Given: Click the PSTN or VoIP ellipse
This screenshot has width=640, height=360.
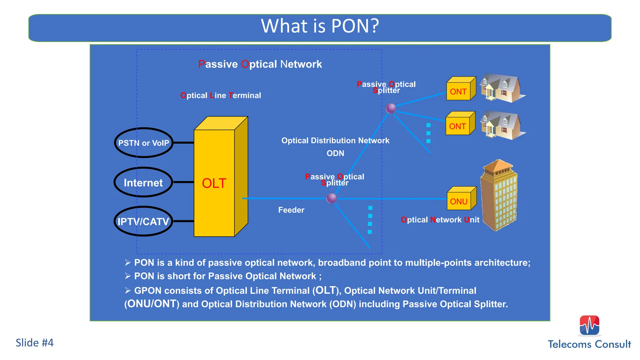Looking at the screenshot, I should [143, 143].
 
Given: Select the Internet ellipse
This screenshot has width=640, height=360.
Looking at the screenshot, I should [143, 182].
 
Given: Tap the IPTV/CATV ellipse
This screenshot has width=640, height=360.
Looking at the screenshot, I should [143, 222].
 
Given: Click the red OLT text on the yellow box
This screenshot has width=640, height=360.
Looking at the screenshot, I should [214, 183].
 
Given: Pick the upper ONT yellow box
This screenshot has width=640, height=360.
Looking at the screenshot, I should [458, 91].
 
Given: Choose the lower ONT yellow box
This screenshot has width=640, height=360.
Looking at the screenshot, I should [458, 126].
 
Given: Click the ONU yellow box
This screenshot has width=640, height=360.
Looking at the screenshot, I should [459, 201].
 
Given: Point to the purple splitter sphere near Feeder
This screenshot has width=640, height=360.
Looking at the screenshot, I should [331, 198].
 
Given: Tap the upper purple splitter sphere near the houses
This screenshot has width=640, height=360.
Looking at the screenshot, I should [391, 108].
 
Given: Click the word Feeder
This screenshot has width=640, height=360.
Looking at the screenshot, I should [291, 210].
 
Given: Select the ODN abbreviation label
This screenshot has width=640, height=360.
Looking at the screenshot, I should [335, 153].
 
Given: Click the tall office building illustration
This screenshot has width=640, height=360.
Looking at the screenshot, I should [499, 195].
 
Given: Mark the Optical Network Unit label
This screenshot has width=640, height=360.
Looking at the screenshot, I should [440, 220].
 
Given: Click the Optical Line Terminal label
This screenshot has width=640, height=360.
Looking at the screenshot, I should [221, 95].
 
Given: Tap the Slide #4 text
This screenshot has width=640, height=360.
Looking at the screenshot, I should [35, 343].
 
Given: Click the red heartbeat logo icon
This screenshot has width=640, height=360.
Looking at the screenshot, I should [589, 325].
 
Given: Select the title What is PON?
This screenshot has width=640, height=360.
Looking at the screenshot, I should [320, 26].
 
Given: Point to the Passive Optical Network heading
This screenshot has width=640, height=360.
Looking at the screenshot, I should [260, 64].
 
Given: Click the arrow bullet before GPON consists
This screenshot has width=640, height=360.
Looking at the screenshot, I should [127, 291].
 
